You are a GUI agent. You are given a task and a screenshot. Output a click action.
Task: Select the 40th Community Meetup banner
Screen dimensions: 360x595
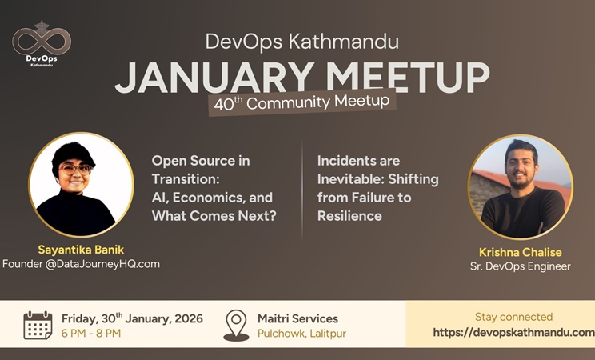tap(301, 102)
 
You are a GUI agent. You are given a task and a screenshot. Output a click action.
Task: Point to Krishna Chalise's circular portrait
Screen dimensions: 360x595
tap(520, 187)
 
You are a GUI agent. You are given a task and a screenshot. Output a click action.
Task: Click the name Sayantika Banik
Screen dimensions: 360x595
tap(81, 249)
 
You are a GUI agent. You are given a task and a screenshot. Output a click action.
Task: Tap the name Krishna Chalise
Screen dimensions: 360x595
tap(521, 251)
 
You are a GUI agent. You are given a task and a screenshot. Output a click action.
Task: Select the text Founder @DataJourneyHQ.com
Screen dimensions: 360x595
tap(81, 263)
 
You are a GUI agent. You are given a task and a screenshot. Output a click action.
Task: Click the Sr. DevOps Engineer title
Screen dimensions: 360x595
tap(521, 266)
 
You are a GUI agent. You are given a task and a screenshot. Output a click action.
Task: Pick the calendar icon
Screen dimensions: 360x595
tap(38, 325)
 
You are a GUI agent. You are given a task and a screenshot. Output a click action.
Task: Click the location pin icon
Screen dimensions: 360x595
tap(236, 325)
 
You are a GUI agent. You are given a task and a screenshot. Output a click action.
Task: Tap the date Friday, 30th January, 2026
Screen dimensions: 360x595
tap(132, 318)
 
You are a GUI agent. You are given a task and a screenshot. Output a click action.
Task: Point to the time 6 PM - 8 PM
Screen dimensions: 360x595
tap(91, 333)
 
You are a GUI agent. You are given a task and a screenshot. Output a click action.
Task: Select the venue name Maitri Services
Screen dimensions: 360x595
tap(297, 318)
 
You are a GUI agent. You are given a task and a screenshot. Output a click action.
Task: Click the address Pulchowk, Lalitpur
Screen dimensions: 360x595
tap(301, 333)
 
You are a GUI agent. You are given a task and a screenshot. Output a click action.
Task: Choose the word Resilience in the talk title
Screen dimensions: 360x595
tap(349, 215)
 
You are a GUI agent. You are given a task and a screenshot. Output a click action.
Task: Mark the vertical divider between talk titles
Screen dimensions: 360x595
tap(302, 190)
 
